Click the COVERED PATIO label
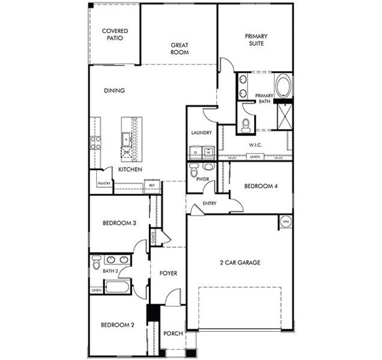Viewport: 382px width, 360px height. (x=114, y=34)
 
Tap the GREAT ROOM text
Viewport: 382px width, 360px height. (x=180, y=49)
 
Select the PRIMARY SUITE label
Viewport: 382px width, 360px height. (x=256, y=40)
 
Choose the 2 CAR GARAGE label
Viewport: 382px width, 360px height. (x=238, y=262)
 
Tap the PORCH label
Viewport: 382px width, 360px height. (x=173, y=334)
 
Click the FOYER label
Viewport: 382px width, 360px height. (x=168, y=274)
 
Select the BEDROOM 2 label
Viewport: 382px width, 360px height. (x=117, y=325)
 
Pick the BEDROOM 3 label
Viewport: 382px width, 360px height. (x=120, y=223)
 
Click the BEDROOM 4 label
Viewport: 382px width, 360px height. (x=261, y=187)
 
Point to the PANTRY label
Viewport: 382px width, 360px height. (x=104, y=183)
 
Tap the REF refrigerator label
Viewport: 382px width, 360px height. (x=153, y=185)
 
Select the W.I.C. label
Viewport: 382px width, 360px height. (x=256, y=145)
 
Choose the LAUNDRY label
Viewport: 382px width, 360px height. (x=201, y=133)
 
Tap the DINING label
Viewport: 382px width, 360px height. (x=114, y=91)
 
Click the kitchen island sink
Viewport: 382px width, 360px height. (x=127, y=139)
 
